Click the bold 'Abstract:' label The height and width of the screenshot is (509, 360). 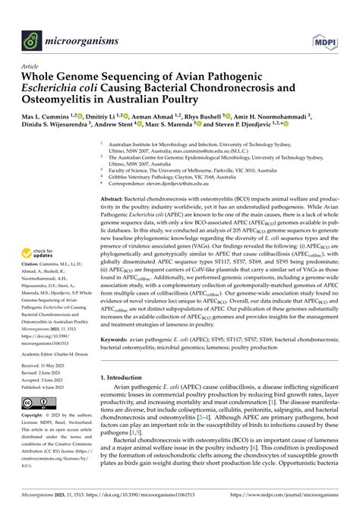115,198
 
